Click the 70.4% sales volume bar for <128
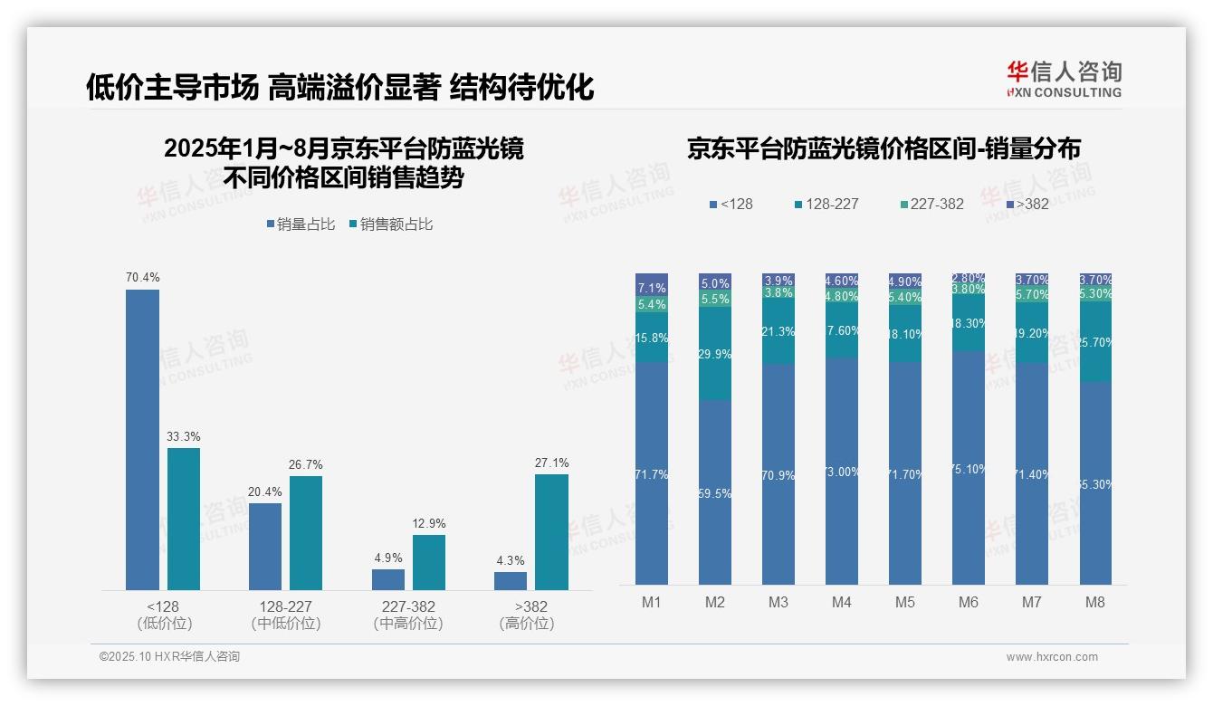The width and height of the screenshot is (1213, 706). (x=142, y=440)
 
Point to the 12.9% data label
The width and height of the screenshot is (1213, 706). (x=428, y=524)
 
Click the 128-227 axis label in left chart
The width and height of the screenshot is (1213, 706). (x=285, y=606)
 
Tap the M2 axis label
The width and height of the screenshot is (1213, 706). (x=715, y=602)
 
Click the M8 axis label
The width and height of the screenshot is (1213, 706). (x=1094, y=602)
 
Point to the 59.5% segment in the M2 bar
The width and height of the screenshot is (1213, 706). (x=715, y=493)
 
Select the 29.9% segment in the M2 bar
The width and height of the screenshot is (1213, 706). (x=715, y=354)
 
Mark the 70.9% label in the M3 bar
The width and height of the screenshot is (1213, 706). (x=778, y=474)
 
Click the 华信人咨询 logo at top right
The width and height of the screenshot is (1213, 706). (x=1064, y=79)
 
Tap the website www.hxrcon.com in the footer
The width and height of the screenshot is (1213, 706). (x=1052, y=657)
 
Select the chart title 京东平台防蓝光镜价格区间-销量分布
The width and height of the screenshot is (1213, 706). (x=883, y=149)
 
